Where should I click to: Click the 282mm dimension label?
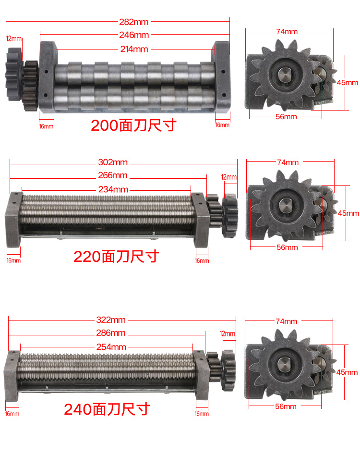tap(133, 22)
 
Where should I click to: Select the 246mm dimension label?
tap(134, 35)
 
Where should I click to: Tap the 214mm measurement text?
tap(134, 49)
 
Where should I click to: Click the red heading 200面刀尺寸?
tap(133, 125)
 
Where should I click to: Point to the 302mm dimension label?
tap(113, 162)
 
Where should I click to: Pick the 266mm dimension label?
tap(113, 175)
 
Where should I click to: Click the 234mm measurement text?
tap(113, 189)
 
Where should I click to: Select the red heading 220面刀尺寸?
tap(116, 257)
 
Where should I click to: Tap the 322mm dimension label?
tap(111, 320)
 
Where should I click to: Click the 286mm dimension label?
tap(111, 333)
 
